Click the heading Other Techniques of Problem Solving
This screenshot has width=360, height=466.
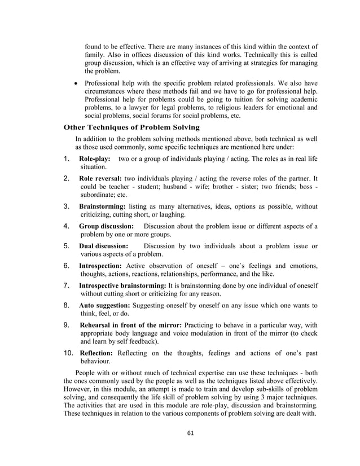(128, 127)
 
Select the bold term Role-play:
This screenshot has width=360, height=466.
(95, 159)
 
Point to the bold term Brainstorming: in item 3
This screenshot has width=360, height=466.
(103, 206)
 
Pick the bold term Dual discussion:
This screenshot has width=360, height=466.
(104, 246)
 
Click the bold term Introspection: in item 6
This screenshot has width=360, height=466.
(100, 266)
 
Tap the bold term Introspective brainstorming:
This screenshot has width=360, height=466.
(122, 285)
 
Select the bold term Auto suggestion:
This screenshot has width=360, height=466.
(106, 305)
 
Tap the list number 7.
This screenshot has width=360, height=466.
(67, 285)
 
